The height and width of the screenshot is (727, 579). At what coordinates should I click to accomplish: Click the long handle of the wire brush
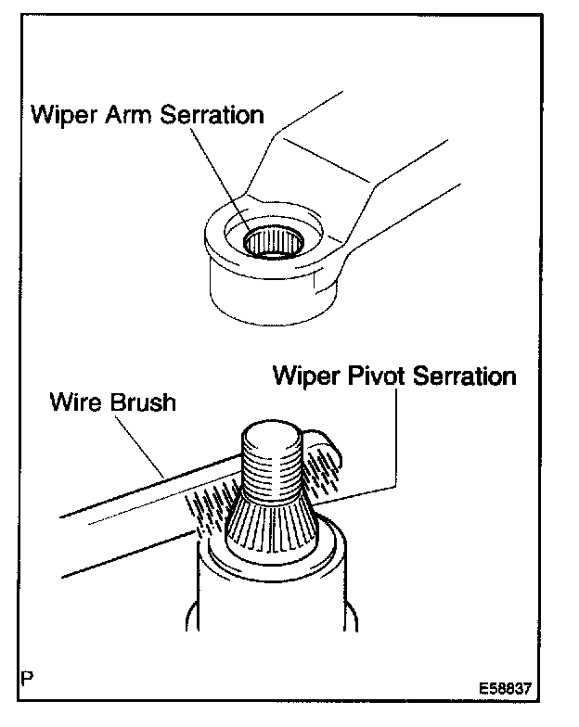click(x=111, y=519)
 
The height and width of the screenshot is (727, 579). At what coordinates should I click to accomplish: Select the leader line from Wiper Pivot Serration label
click(x=397, y=436)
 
